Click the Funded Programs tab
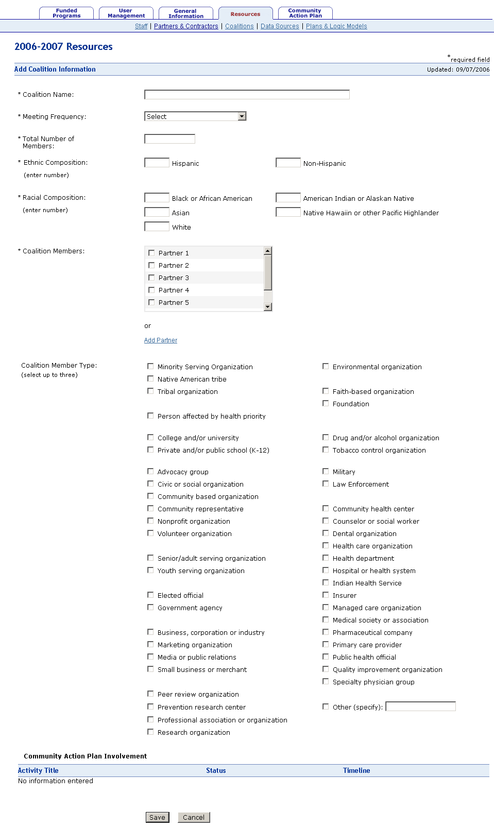click(66, 13)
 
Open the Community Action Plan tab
click(305, 13)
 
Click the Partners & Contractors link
click(186, 26)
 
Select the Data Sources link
click(280, 26)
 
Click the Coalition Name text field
click(247, 94)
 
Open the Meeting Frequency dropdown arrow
click(242, 116)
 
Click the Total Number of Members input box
click(169, 139)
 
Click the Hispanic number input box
click(157, 163)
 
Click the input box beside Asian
click(157, 212)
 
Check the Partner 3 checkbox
click(151, 278)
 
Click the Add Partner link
click(161, 340)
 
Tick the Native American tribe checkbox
click(150, 378)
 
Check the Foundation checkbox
click(326, 403)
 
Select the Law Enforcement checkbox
click(326, 483)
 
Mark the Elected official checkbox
click(150, 595)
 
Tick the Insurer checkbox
click(326, 595)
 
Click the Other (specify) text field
click(420, 706)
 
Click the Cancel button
click(194, 817)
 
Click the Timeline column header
click(356, 770)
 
